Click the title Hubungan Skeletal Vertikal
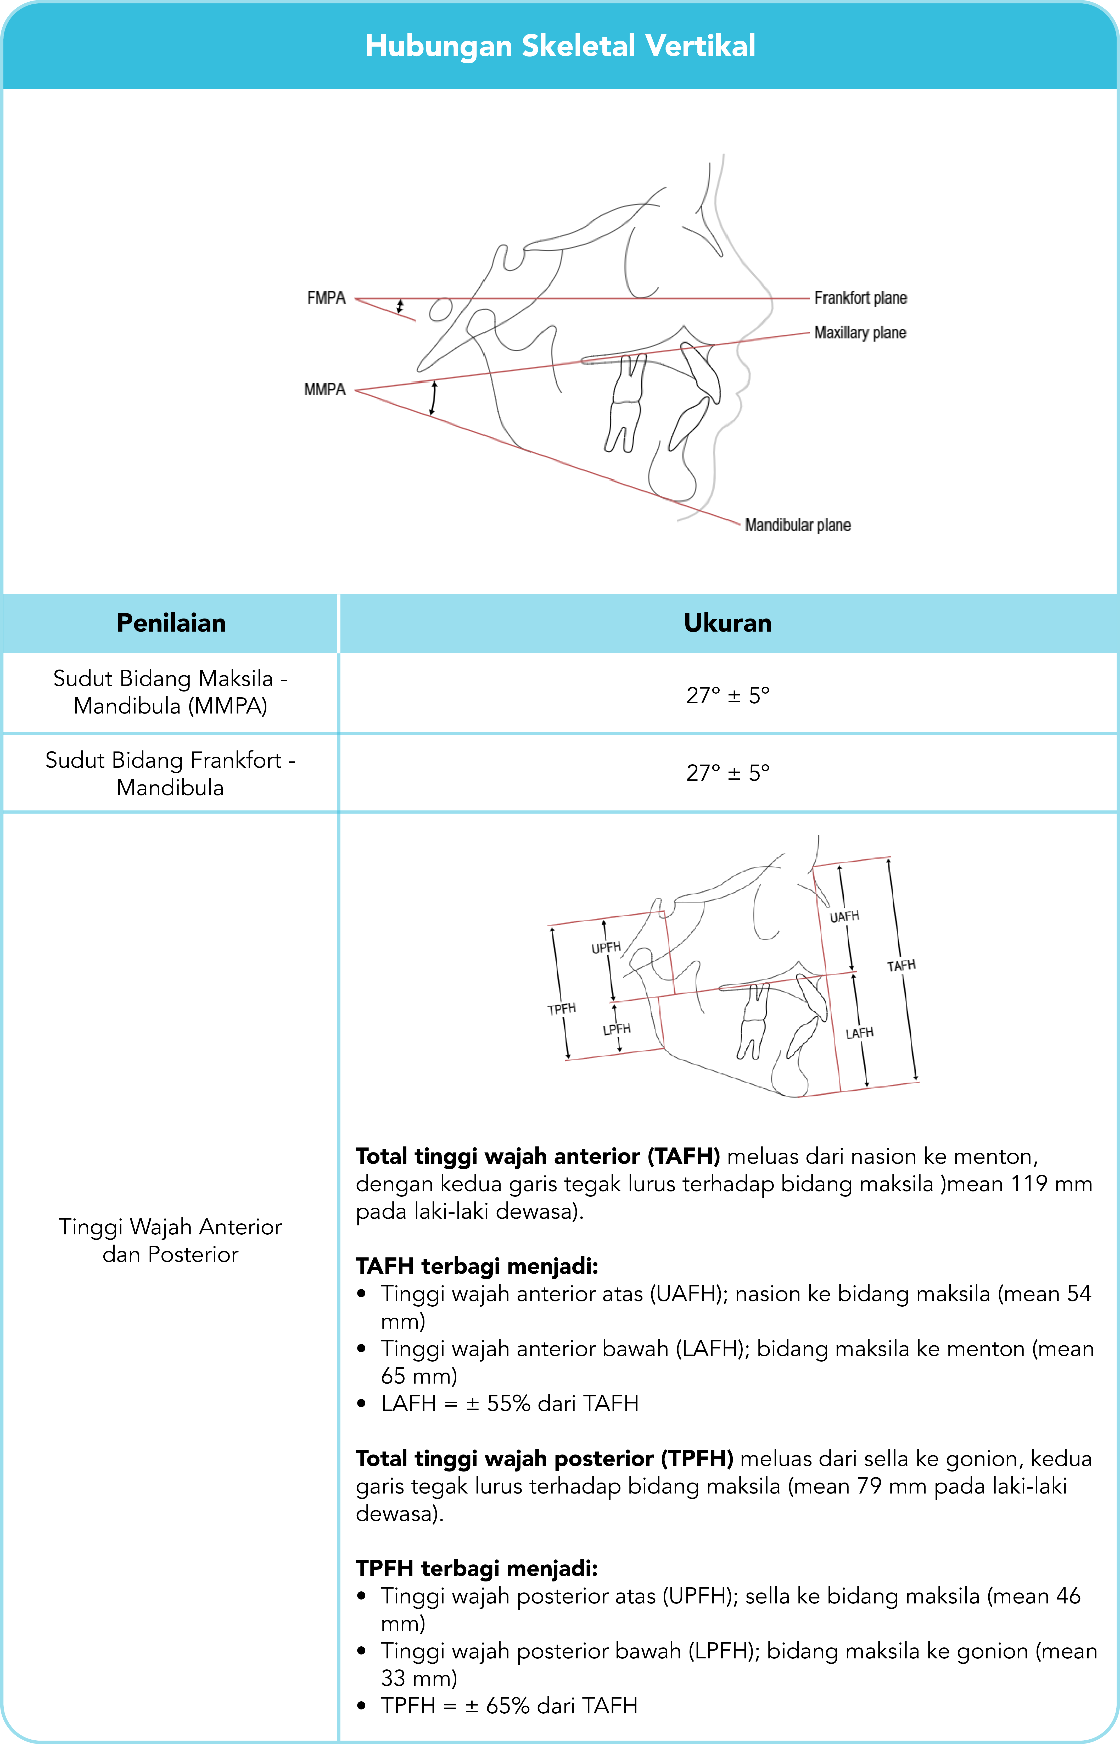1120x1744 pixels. coord(560,46)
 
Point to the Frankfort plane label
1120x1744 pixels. coord(860,298)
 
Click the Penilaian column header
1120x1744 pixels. coord(171,623)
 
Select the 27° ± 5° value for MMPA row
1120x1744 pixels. coord(727,695)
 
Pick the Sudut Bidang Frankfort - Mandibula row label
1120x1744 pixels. coord(170,774)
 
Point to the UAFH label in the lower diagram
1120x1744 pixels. coord(844,916)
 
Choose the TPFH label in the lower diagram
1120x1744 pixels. coord(562,1009)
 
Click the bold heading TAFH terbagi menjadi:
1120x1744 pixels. coord(476,1266)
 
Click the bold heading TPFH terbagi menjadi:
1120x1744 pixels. coord(476,1569)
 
